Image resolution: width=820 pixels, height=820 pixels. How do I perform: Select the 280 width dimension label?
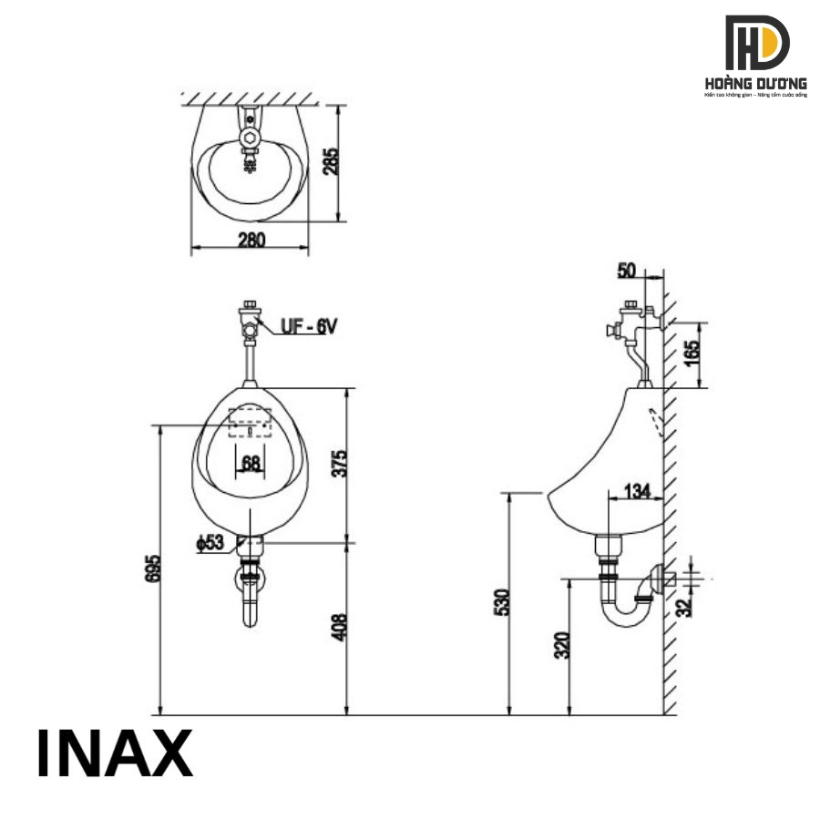point(251,240)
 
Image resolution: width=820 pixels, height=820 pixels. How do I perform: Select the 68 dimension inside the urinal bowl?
point(251,463)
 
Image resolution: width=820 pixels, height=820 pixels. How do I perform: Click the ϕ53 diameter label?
point(210,543)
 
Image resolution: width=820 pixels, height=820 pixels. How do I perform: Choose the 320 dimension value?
point(561,645)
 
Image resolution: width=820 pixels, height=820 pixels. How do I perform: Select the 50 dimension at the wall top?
point(626,271)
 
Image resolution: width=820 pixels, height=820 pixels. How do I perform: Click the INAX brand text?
point(115,753)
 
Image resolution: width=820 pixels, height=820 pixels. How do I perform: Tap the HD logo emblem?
point(756,44)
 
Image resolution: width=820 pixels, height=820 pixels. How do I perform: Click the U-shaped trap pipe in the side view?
point(626,617)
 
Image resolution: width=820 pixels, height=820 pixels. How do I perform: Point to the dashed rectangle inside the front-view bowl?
point(250,422)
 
